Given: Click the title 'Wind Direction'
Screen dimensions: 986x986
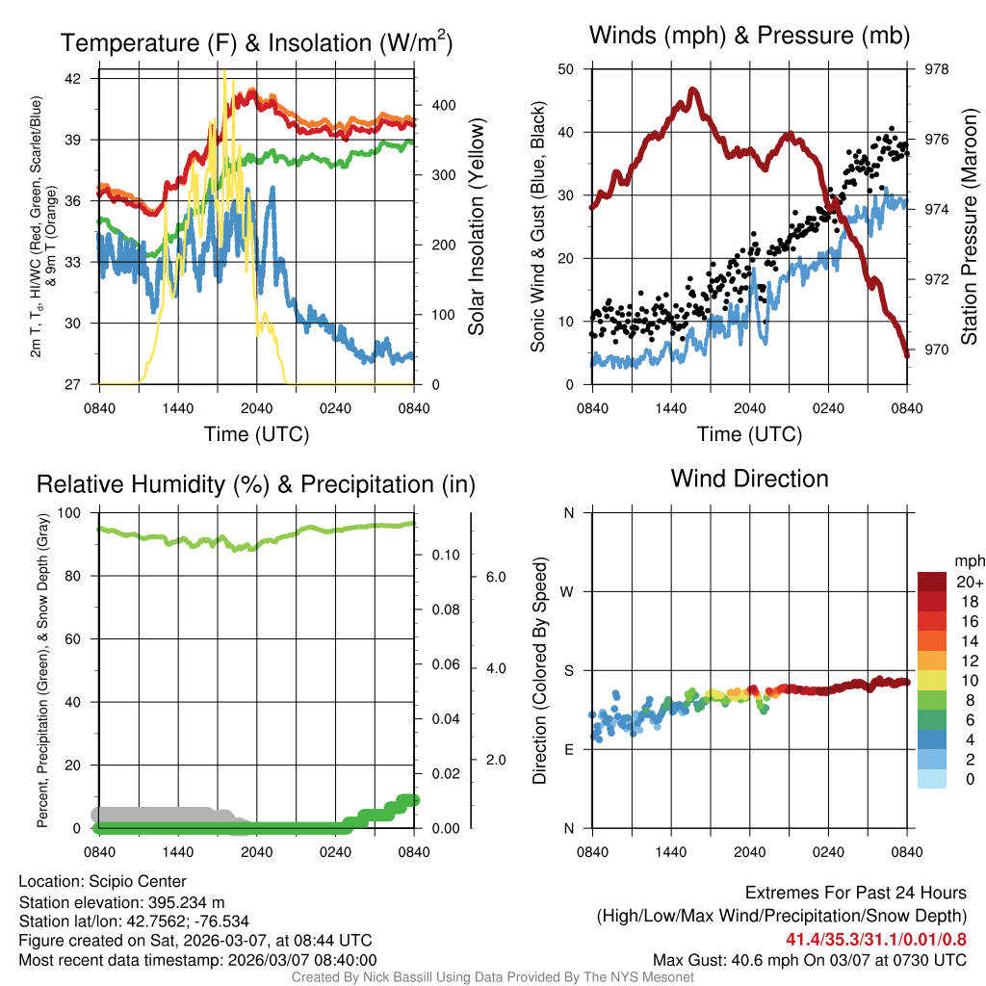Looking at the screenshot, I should (749, 479).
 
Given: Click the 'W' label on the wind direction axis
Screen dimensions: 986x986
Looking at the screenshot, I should (568, 591).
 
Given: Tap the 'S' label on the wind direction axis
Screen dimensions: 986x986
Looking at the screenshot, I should (568, 670).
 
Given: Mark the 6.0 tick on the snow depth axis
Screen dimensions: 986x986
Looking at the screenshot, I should (495, 577).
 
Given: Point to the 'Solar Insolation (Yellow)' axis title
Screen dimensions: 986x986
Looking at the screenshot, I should (476, 227).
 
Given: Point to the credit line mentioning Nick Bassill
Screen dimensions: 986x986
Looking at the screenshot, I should (492, 977).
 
